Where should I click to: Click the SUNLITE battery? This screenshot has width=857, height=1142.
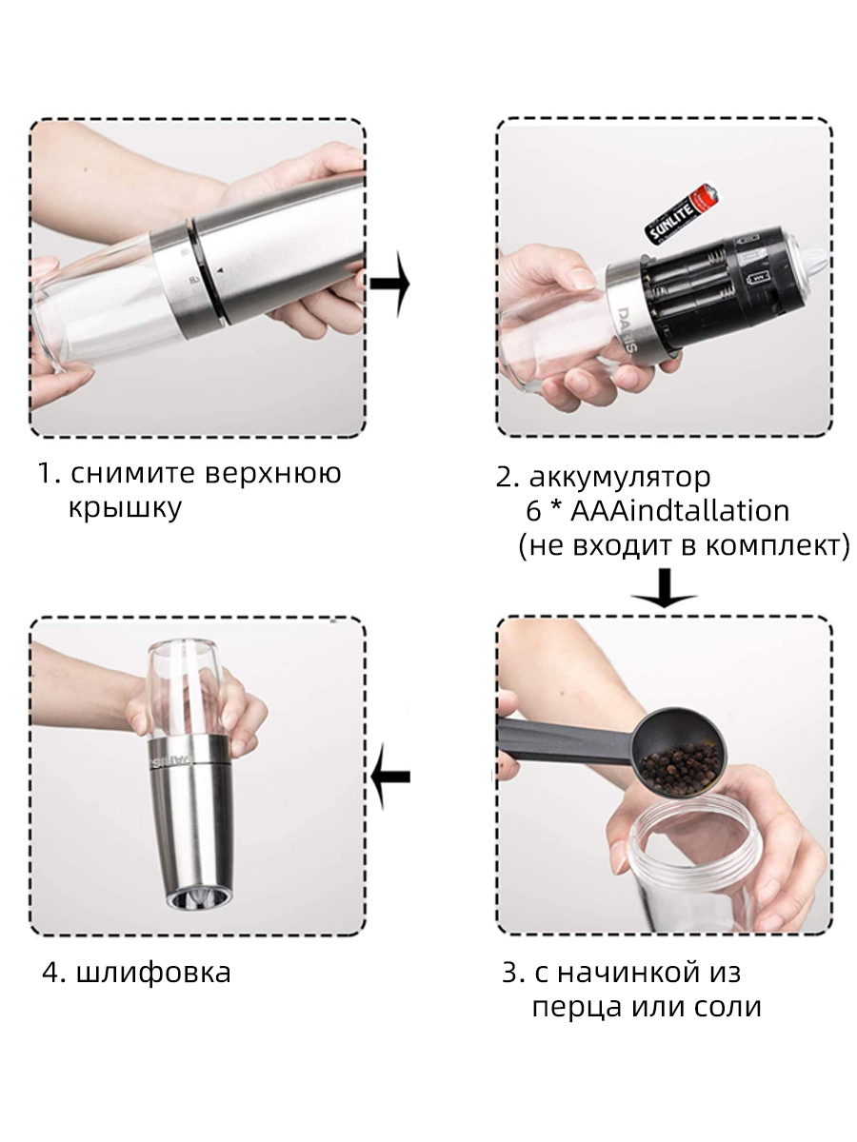[683, 212]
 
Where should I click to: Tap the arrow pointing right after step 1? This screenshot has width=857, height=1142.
[389, 284]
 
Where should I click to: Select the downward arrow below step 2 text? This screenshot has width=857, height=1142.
[664, 588]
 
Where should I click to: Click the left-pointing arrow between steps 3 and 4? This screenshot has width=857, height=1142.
[390, 777]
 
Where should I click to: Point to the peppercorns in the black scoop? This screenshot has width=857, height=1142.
[680, 769]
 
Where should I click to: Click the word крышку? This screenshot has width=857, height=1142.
[125, 507]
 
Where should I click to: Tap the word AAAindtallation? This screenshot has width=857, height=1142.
[680, 511]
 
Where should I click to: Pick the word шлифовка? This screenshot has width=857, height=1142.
[153, 972]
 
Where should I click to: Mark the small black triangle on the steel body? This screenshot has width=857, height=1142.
[220, 270]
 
